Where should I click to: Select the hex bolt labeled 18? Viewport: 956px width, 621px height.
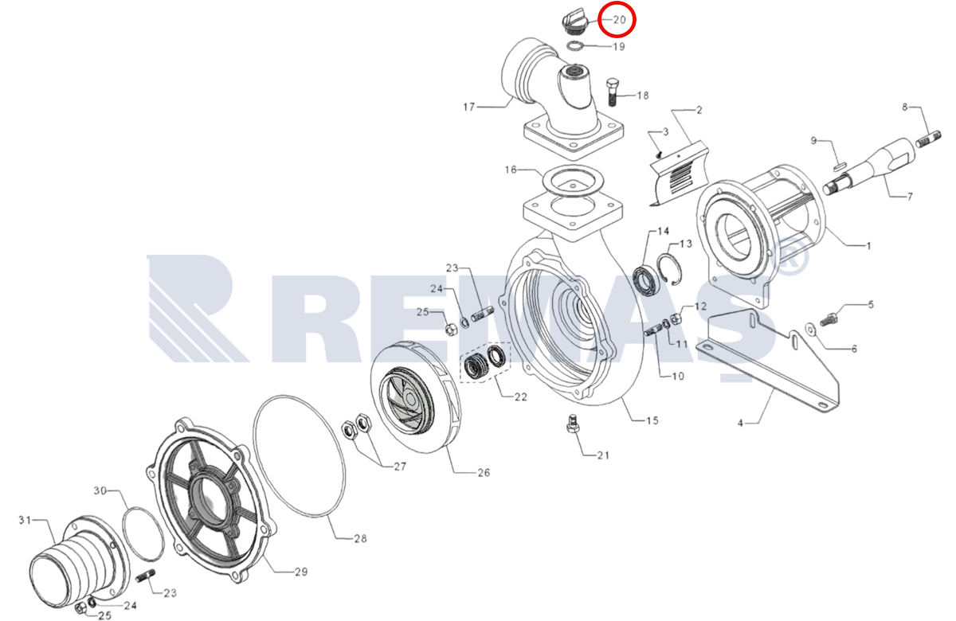612,92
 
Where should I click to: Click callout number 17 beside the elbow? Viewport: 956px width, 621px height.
469,107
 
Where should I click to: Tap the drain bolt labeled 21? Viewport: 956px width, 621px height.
572,424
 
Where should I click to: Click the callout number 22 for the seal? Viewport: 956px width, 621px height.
521,396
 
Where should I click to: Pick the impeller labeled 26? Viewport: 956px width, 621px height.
415,396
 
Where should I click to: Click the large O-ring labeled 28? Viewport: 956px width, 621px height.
300,455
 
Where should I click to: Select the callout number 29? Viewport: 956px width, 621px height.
301,572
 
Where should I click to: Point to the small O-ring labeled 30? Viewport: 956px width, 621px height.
143,533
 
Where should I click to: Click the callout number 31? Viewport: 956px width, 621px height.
25,520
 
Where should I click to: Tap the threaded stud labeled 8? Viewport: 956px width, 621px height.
928,139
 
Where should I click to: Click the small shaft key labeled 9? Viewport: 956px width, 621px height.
840,165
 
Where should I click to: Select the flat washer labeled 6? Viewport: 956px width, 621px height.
810,328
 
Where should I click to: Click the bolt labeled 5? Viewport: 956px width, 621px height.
829,319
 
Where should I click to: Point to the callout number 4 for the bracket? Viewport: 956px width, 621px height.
740,423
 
